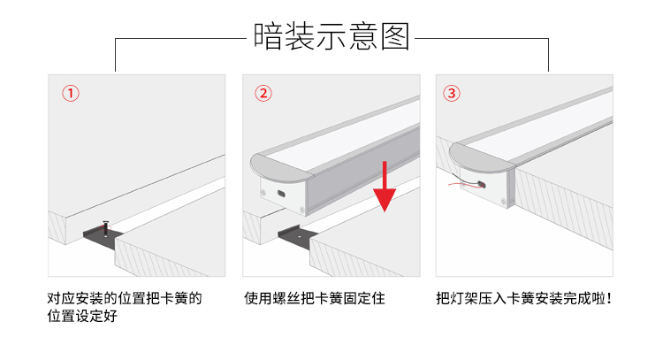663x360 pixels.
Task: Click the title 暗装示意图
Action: [331, 36]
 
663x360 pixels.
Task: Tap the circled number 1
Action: [71, 93]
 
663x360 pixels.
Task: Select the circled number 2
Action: [263, 93]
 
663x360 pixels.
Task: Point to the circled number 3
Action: [452, 93]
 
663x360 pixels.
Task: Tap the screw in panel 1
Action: [106, 228]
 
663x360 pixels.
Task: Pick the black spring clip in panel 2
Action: [296, 237]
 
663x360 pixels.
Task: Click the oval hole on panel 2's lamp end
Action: [281, 194]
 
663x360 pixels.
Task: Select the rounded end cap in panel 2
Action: [281, 168]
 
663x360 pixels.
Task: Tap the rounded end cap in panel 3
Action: [481, 157]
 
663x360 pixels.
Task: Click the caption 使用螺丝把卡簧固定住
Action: [315, 298]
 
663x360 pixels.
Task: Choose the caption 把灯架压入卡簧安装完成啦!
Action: [524, 298]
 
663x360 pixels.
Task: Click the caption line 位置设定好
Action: [82, 316]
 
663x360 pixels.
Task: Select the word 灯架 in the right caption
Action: [464, 298]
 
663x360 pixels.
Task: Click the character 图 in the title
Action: [395, 36]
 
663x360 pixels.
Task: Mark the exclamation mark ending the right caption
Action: [609, 298]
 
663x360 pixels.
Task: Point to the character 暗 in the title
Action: [268, 36]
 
